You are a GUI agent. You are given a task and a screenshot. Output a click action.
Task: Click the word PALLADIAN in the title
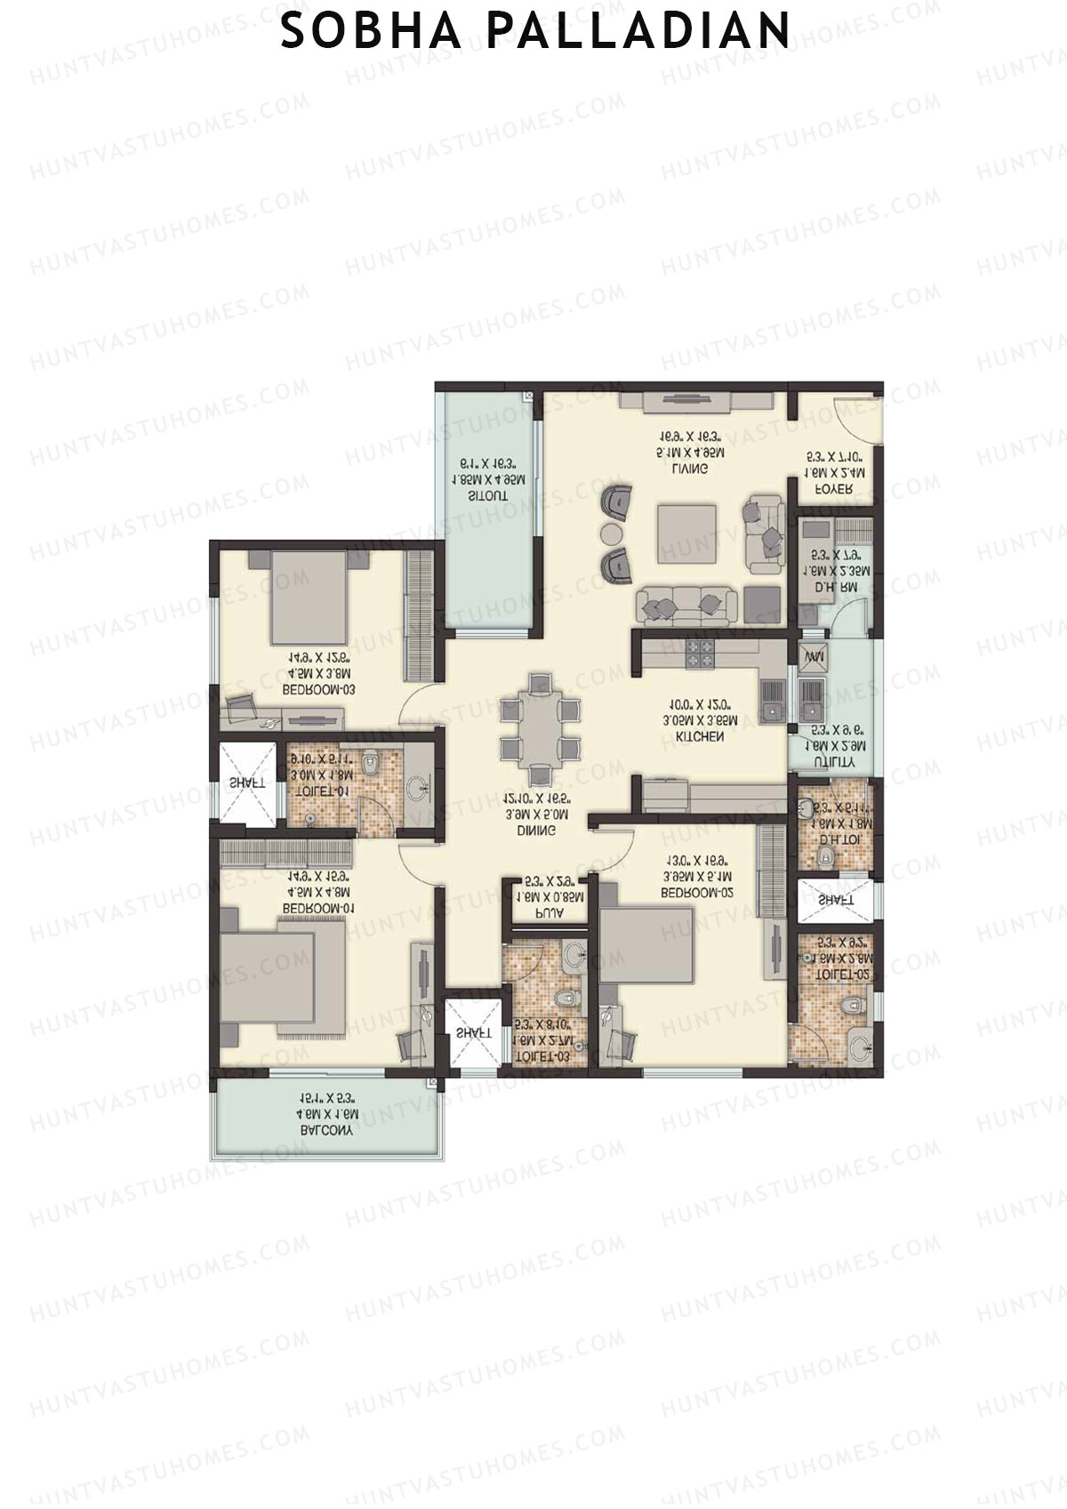pos(638,30)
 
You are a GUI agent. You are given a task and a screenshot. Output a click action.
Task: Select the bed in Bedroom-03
pos(308,597)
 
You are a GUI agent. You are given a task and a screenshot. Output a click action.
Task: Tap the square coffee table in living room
pos(686,533)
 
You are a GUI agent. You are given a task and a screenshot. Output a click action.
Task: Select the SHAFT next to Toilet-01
pos(247,783)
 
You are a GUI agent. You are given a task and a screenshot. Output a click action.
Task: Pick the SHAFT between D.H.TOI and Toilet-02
pos(836,901)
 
